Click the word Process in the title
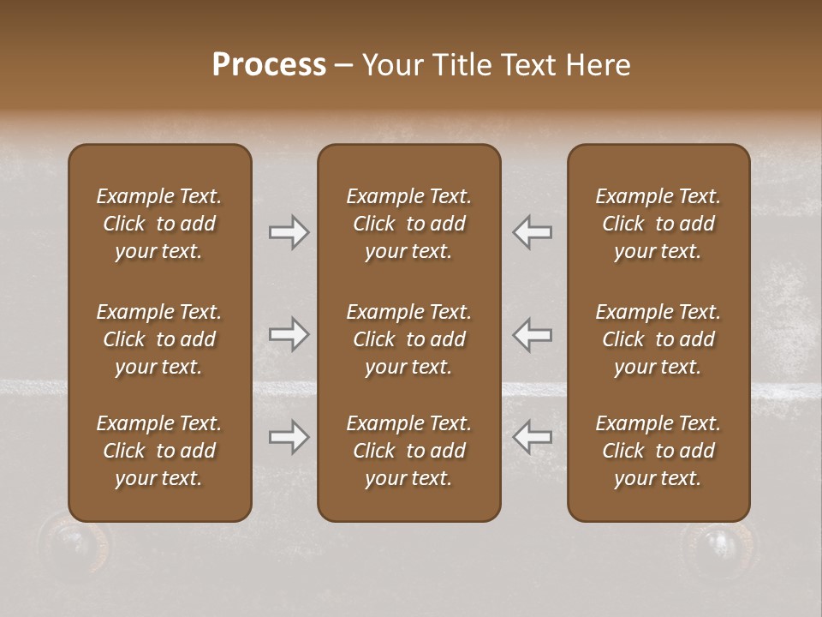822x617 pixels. (269, 65)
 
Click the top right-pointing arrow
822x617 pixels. (289, 232)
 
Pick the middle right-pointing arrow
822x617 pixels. (289, 334)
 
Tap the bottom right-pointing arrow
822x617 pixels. (289, 437)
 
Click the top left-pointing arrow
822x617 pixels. (533, 232)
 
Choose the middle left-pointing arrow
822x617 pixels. (533, 334)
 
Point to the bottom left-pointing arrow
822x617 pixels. (533, 437)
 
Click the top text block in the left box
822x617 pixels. (159, 224)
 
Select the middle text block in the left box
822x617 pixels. (159, 339)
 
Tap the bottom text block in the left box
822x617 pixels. (159, 451)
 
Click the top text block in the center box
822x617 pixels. (408, 224)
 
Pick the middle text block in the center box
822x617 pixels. (408, 339)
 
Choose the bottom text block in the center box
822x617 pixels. (408, 451)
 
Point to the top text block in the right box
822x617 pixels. (658, 224)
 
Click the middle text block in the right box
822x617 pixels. (658, 339)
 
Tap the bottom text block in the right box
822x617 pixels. (658, 451)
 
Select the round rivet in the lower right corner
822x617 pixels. (718, 543)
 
